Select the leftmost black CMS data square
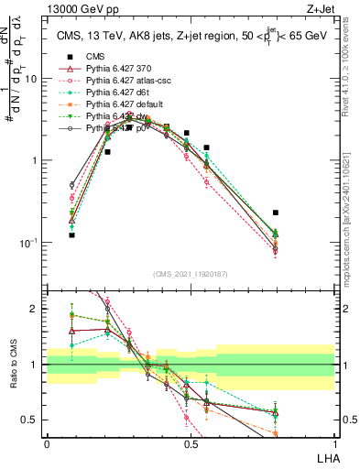(71, 235)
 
